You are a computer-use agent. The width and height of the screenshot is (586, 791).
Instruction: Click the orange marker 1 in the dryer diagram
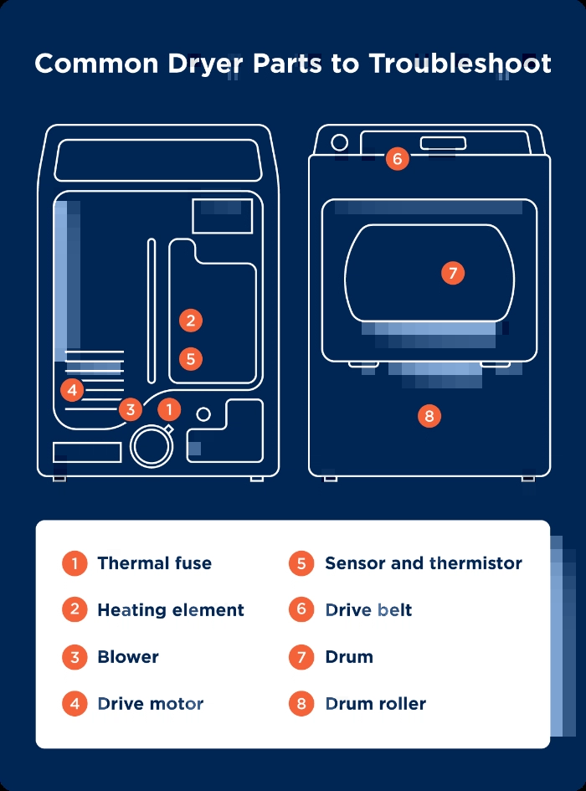tap(169, 409)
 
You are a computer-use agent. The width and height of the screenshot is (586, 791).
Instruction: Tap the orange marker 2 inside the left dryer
tap(191, 320)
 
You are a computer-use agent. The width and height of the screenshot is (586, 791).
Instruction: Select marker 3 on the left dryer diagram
tap(130, 409)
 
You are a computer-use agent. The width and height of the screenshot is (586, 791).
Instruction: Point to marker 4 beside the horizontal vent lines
tap(73, 389)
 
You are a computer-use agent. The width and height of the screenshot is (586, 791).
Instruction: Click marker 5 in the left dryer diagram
tap(191, 359)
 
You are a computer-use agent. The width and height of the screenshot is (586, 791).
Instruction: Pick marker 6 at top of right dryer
tap(398, 158)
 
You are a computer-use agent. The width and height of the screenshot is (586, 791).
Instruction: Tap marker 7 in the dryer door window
tap(452, 273)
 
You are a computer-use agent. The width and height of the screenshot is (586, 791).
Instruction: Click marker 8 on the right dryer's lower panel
tap(429, 416)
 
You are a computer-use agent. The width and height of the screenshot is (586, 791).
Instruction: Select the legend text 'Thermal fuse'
tap(154, 563)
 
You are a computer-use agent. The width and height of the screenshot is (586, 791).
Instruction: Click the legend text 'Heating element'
tap(171, 610)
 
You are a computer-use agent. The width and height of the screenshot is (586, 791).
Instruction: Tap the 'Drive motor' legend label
tap(151, 704)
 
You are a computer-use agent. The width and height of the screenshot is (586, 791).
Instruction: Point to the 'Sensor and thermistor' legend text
tap(423, 563)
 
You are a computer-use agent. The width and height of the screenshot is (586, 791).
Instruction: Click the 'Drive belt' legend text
tap(368, 610)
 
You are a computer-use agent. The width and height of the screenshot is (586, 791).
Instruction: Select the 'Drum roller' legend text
tap(375, 704)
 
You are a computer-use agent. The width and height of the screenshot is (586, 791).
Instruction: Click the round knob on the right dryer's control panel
tap(339, 142)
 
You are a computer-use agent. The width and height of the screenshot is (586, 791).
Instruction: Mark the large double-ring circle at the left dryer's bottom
tap(152, 444)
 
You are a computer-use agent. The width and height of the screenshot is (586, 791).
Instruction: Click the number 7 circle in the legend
tap(301, 657)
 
